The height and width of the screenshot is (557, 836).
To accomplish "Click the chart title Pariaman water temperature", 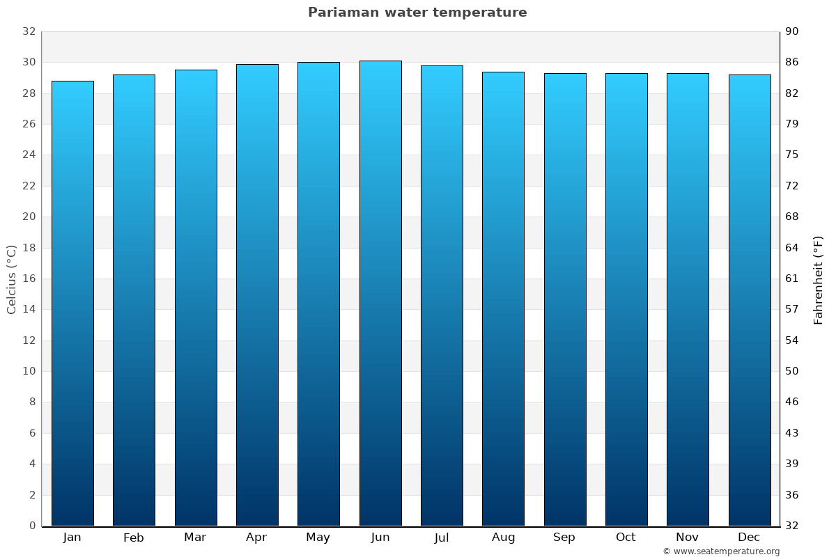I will pyautogui.click(x=417, y=13).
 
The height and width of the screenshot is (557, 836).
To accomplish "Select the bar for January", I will pyautogui.click(x=72, y=303).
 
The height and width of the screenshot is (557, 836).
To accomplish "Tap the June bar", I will pyautogui.click(x=380, y=293).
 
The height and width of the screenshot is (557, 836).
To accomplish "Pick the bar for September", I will pyautogui.click(x=565, y=299).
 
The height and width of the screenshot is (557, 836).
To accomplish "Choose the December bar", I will pyautogui.click(x=750, y=300).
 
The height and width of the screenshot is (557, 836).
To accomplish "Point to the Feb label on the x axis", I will pyautogui.click(x=133, y=538).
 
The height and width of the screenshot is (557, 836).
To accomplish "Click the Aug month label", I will pyautogui.click(x=503, y=538).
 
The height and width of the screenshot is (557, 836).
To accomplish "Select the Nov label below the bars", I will pyautogui.click(x=688, y=538).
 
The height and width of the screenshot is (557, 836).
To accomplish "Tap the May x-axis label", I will pyautogui.click(x=318, y=538).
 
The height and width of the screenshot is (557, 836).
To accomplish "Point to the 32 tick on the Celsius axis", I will pyautogui.click(x=29, y=31).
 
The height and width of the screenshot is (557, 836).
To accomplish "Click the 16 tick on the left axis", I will pyautogui.click(x=29, y=278).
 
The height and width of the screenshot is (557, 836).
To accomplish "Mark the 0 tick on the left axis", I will pyautogui.click(x=32, y=526).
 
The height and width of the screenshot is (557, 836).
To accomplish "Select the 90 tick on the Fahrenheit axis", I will pyautogui.click(x=792, y=31).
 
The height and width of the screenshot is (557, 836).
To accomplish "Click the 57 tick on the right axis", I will pyautogui.click(x=792, y=309).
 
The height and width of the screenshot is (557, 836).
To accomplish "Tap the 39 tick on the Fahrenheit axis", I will pyautogui.click(x=792, y=464).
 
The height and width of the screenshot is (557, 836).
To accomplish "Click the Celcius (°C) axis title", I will pyautogui.click(x=11, y=278).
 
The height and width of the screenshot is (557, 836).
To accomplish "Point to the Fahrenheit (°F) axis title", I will pyautogui.click(x=818, y=279).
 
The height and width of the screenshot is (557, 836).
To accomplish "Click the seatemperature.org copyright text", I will pyautogui.click(x=720, y=551).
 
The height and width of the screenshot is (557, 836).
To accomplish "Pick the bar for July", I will pyautogui.click(x=442, y=295).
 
